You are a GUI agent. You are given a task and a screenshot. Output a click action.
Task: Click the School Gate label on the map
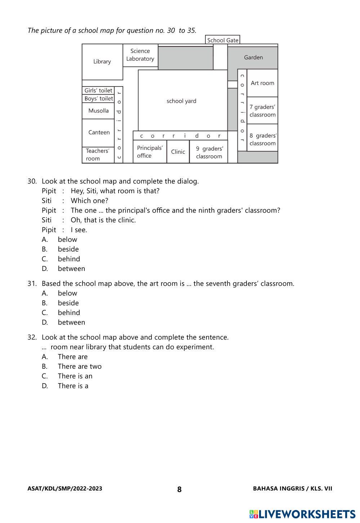(223, 40)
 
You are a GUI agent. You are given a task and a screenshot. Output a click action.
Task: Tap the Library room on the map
(102, 62)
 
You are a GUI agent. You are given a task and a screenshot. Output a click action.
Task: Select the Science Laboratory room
(140, 55)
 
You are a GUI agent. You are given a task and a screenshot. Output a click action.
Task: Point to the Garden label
(253, 57)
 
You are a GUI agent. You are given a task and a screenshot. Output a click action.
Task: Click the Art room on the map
(262, 83)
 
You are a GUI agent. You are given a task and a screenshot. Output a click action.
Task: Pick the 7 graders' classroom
(262, 111)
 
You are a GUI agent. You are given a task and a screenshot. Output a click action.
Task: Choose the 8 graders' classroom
(263, 139)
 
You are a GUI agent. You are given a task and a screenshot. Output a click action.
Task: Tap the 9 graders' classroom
(209, 152)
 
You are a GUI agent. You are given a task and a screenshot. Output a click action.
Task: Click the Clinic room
(178, 152)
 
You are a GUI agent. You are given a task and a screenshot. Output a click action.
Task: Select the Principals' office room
(150, 152)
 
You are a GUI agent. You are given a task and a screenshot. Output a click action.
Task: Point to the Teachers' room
(97, 155)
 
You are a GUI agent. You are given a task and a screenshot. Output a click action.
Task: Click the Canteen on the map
(99, 132)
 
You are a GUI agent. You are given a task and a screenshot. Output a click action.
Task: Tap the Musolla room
(98, 111)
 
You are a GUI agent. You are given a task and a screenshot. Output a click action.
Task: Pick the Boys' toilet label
(98, 98)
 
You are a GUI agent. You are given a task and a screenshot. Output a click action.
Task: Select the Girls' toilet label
(98, 90)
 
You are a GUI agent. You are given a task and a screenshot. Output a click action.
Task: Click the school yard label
(181, 101)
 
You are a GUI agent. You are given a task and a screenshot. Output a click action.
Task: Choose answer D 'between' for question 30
(71, 269)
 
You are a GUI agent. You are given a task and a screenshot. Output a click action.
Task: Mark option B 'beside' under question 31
(68, 303)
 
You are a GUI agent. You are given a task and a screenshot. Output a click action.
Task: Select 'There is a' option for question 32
(73, 386)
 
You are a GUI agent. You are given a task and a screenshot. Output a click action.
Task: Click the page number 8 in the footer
(179, 489)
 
